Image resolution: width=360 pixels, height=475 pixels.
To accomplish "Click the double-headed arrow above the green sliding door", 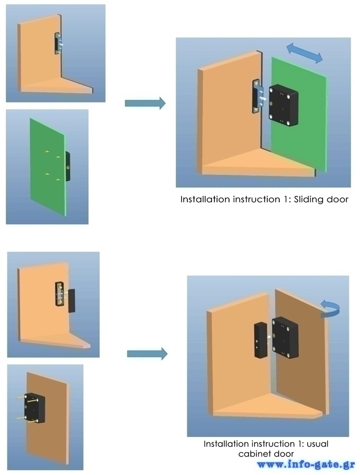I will (x=304, y=53).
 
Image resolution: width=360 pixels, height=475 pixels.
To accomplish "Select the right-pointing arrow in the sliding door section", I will (x=145, y=103).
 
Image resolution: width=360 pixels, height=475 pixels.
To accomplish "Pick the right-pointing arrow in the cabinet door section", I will (x=147, y=354).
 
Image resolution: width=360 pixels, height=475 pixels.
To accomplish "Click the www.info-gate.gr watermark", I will (x=306, y=464).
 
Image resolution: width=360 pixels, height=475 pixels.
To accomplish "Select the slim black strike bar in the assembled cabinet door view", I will (x=260, y=340).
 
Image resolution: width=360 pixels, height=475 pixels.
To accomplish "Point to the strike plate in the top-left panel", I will (x=59, y=43).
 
